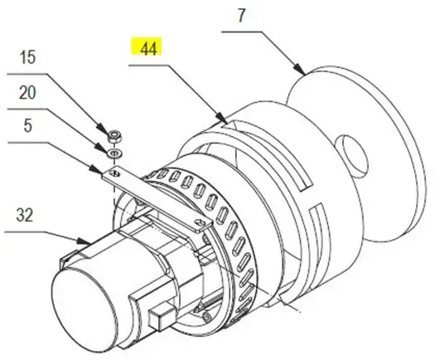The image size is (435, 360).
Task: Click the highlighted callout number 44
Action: (x=148, y=49)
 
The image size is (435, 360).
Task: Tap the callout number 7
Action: (x=241, y=16)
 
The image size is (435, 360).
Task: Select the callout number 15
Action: (x=27, y=57)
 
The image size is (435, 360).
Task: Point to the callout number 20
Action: (x=27, y=92)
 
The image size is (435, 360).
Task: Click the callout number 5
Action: (x=27, y=125)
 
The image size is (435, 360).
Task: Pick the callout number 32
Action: (x=25, y=215)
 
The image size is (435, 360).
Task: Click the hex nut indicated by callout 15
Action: (x=114, y=136)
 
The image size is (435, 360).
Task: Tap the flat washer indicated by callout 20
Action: (x=115, y=153)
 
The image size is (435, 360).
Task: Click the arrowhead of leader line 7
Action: (x=301, y=71)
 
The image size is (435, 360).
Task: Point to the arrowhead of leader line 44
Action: (x=223, y=118)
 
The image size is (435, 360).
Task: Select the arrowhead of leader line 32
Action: (x=84, y=241)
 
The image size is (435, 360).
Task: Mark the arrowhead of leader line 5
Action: (x=96, y=170)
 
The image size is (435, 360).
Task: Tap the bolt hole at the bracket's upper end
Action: (x=115, y=174)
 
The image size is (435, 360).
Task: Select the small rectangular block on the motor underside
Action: (x=162, y=317)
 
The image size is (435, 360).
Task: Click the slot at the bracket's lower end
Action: (x=201, y=222)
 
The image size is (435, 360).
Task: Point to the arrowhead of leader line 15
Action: (x=103, y=129)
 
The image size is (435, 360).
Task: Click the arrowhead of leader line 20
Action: (x=102, y=148)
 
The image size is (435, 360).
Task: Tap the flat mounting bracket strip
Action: (x=157, y=198)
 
